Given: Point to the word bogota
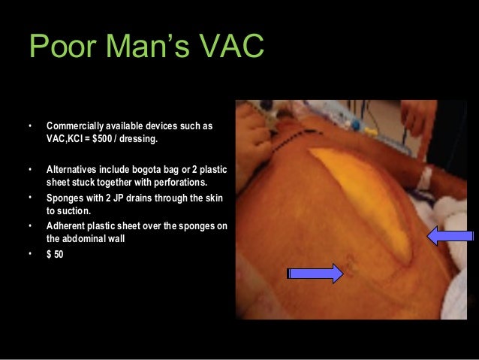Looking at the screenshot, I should tap(160, 168).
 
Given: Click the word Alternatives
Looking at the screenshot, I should tap(74, 168).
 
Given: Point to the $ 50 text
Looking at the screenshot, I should tap(55, 254).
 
